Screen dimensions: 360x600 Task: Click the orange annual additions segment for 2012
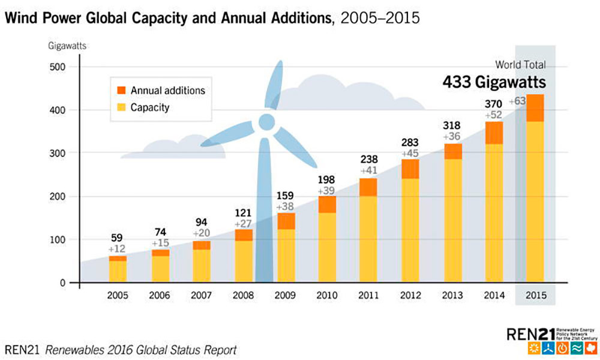tap(410, 169)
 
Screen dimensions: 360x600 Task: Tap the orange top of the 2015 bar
tap(535, 108)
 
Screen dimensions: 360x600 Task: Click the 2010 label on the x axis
tap(326, 295)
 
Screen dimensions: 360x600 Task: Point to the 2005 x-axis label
tap(118, 295)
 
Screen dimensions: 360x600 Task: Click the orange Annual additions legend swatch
tap(121, 91)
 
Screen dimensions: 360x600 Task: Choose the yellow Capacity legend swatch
tap(121, 108)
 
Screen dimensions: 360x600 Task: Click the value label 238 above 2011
tap(368, 160)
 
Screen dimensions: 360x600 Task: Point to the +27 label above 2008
tap(243, 223)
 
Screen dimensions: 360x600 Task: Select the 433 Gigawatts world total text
tap(494, 82)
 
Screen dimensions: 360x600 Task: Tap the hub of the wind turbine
tap(266, 123)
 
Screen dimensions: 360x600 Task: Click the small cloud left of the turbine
tap(174, 147)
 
